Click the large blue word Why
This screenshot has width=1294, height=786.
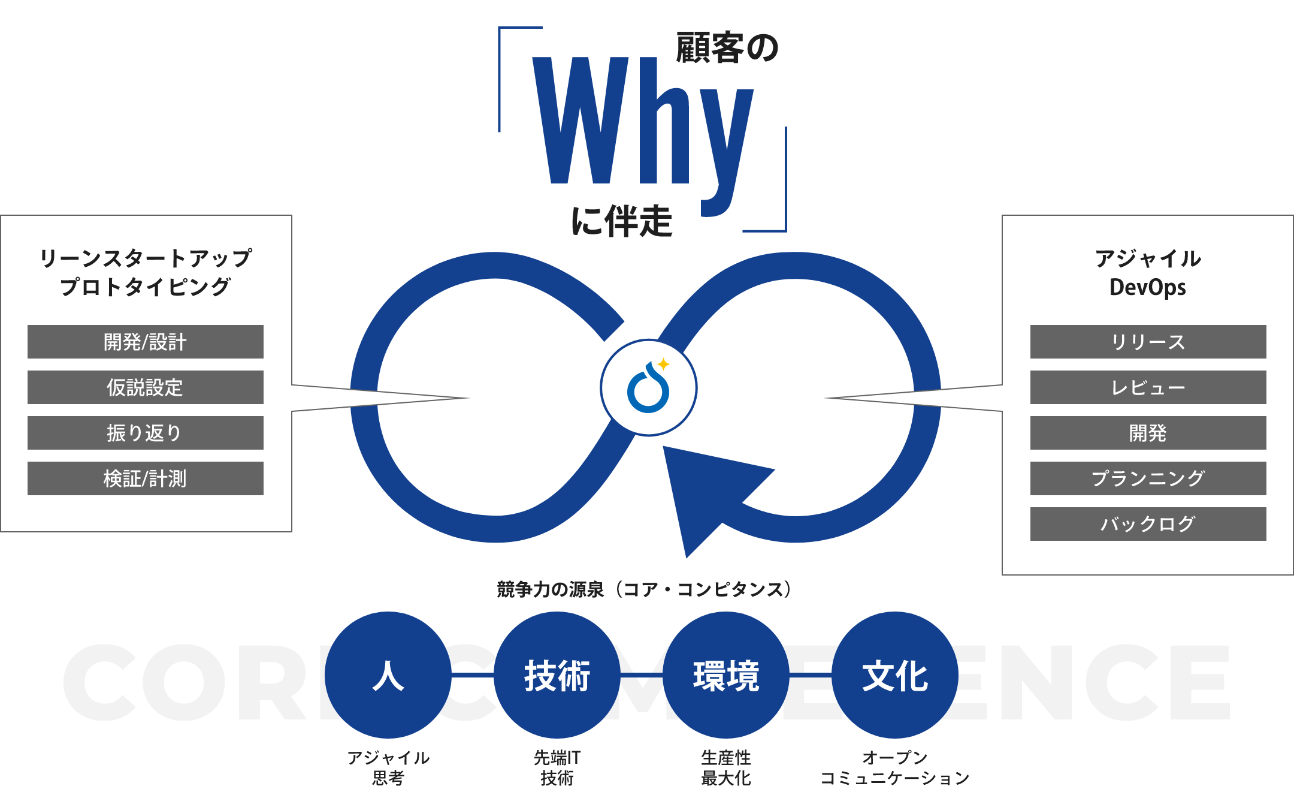click(642, 123)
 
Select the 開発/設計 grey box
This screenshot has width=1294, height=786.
click(146, 342)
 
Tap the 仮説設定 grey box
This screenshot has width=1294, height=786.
click(146, 387)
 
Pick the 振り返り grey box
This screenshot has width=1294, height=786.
click(146, 433)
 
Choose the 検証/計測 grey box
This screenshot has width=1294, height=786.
click(146, 478)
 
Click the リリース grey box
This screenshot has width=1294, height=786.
click(1148, 342)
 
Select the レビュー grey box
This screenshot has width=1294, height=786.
click(1148, 387)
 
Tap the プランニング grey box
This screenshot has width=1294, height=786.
click(1148, 478)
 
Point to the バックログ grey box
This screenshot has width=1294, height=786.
click(1148, 524)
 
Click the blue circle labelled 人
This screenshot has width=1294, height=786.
click(388, 675)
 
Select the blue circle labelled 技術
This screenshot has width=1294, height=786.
click(557, 675)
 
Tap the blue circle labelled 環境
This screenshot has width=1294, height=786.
click(726, 675)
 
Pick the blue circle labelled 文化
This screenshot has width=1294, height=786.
click(895, 675)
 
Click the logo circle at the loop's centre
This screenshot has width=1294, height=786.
click(648, 388)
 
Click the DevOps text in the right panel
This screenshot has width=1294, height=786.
click(1147, 287)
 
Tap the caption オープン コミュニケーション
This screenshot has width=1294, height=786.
click(895, 768)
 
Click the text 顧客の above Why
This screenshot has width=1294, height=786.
click(727, 48)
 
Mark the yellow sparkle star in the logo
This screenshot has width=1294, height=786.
click(663, 364)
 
